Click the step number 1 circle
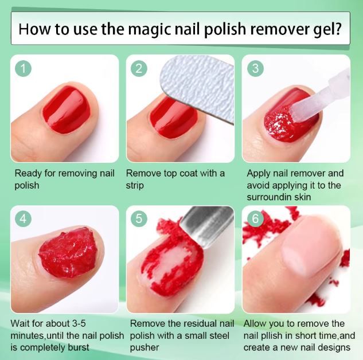[x=24, y=69]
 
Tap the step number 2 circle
[x=139, y=69]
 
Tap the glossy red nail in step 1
[x=67, y=109]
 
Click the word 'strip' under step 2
[x=136, y=186]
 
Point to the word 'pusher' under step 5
[x=145, y=347]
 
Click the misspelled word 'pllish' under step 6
[x=276, y=335]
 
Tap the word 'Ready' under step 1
[x=28, y=173]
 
